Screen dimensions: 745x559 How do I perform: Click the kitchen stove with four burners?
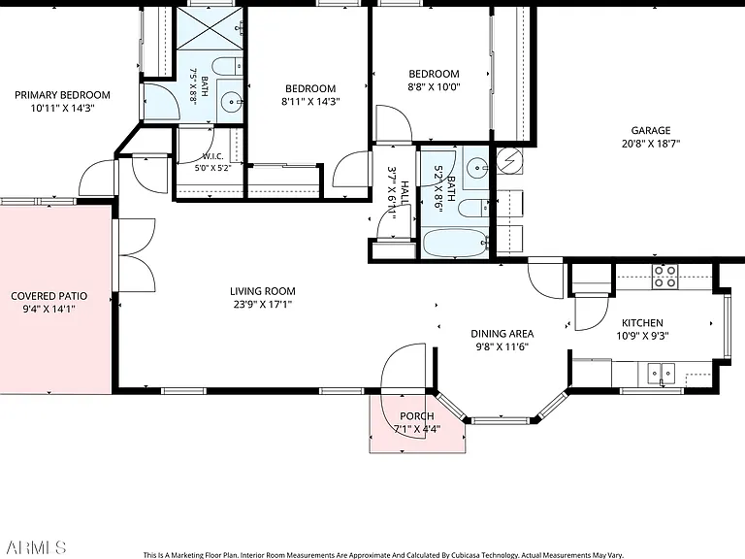click(665, 277)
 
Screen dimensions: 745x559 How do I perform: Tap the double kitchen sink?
click(662, 373)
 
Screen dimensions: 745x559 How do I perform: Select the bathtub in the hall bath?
click(456, 243)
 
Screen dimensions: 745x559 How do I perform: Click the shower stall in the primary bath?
click(210, 27)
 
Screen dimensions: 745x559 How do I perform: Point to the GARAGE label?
click(651, 130)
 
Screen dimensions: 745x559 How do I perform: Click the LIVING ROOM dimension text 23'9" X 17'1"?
click(262, 304)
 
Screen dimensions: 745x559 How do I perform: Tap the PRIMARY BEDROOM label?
click(62, 95)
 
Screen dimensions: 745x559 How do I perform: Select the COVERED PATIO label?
click(49, 296)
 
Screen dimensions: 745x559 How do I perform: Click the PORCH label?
click(417, 416)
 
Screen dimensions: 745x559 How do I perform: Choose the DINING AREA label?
click(502, 334)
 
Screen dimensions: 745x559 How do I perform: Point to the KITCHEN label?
click(642, 323)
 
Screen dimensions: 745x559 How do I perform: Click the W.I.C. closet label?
click(212, 156)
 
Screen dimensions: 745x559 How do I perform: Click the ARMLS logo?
click(36, 547)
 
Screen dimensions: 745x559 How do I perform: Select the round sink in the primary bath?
click(232, 102)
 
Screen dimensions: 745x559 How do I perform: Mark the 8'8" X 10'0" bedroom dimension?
click(435, 87)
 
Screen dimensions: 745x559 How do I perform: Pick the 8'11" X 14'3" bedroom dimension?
click(310, 102)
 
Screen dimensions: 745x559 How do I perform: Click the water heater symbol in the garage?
click(509, 161)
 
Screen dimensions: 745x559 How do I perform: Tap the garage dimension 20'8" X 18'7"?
click(651, 144)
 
